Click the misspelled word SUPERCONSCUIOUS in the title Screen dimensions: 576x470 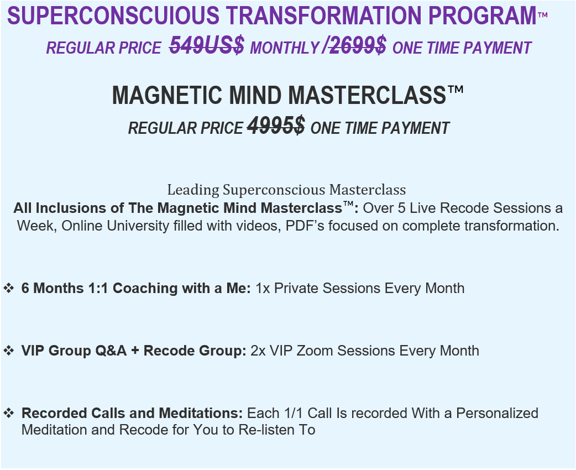coord(113,16)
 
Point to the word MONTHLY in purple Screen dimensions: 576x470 coord(285,48)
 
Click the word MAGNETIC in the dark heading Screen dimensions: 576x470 coord(167,95)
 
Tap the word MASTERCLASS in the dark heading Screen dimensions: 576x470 coord(367,95)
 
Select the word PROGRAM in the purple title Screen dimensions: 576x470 coord(483,16)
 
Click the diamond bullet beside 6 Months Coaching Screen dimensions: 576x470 coord(9,288)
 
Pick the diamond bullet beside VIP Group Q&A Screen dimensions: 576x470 coord(9,350)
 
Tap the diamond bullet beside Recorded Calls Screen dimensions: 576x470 coord(9,412)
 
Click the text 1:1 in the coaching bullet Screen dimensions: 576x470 coord(98,288)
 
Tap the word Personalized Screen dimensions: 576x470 coord(497,413)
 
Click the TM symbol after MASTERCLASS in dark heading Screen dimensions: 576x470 coord(455,90)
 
